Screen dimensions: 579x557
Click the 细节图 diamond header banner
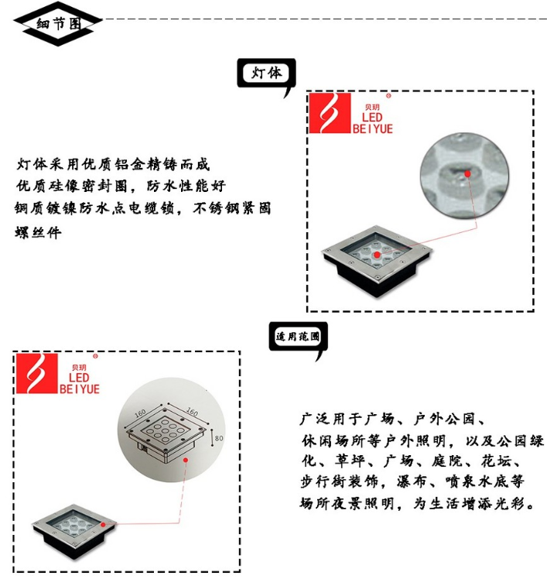click(x=58, y=23)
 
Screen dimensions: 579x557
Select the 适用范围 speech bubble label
click(x=298, y=337)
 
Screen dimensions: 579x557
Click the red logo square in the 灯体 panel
click(x=330, y=114)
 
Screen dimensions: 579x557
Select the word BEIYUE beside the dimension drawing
click(x=80, y=389)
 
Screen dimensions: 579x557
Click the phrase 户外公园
click(x=449, y=420)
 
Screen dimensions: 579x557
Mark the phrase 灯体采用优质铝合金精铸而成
click(x=113, y=165)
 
